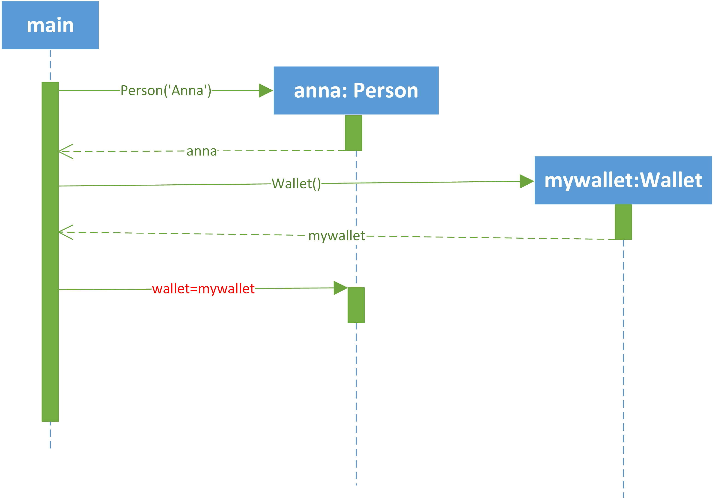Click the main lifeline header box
pyautogui.click(x=50, y=25)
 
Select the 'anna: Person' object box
pyautogui.click(x=356, y=90)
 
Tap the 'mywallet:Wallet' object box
pyautogui.click(x=623, y=180)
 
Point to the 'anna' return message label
pyautogui.click(x=202, y=151)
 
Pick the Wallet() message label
pyautogui.click(x=296, y=183)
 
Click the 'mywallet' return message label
pyautogui.click(x=337, y=236)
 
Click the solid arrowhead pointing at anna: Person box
pyautogui.click(x=266, y=90)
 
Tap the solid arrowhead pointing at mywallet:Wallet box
pyautogui.click(x=527, y=181)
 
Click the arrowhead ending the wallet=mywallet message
pyautogui.click(x=341, y=288)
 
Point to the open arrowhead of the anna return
pyautogui.click(x=66, y=151)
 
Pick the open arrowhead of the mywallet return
pyautogui.click(x=66, y=232)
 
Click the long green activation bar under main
pyautogui.click(x=50, y=252)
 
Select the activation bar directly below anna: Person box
pyautogui.click(x=353, y=133)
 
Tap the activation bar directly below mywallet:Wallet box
pyautogui.click(x=623, y=222)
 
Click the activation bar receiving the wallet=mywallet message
pyautogui.click(x=356, y=305)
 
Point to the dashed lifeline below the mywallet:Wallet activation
pyautogui.click(x=623, y=368)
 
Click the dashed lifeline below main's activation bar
pyautogui.click(x=50, y=435)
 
